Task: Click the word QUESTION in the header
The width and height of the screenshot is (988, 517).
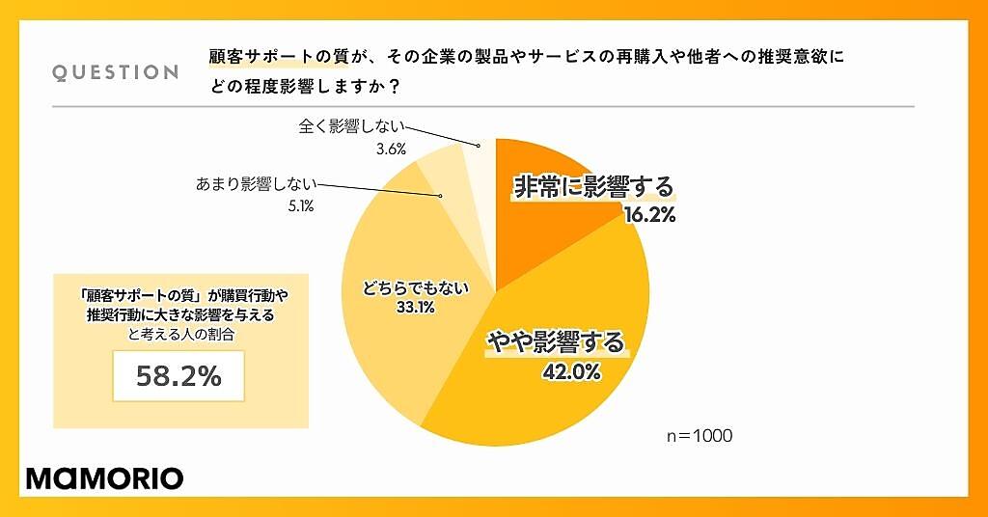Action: coord(115,72)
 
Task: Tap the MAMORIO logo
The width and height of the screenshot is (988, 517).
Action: coord(103,477)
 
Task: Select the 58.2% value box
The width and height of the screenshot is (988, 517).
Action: coord(179,375)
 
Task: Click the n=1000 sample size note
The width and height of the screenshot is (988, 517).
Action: coord(700,436)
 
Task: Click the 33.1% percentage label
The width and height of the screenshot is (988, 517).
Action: coord(414,308)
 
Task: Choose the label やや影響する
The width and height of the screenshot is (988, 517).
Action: coord(555,342)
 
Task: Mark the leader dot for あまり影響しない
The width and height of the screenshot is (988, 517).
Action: coord(440,196)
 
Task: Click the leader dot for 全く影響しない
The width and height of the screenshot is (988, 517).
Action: coord(478,147)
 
